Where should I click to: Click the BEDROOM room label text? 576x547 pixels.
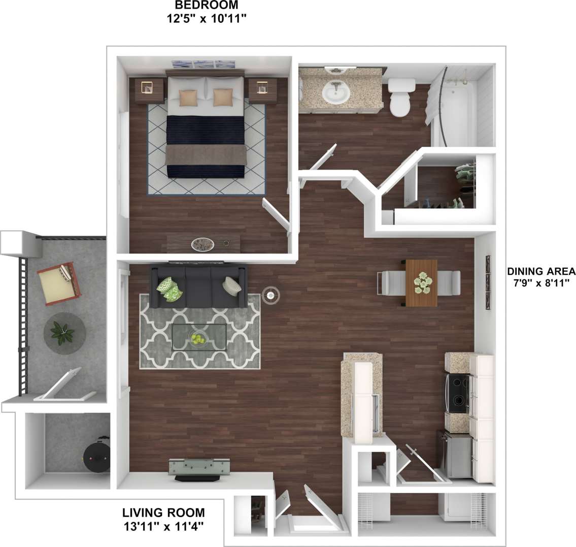(x=206, y=6)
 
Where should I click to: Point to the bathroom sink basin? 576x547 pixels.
(x=336, y=93)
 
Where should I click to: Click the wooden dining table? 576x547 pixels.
(x=421, y=283)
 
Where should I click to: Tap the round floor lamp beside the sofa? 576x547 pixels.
(x=270, y=294)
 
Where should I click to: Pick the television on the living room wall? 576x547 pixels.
(x=199, y=468)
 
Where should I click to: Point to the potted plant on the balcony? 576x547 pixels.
(x=63, y=333)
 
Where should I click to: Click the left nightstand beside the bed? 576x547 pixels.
(x=149, y=90)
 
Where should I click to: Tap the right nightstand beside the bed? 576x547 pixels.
(x=262, y=90)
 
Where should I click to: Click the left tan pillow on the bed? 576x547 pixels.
(x=188, y=97)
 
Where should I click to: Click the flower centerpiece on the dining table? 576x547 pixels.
(x=422, y=282)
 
